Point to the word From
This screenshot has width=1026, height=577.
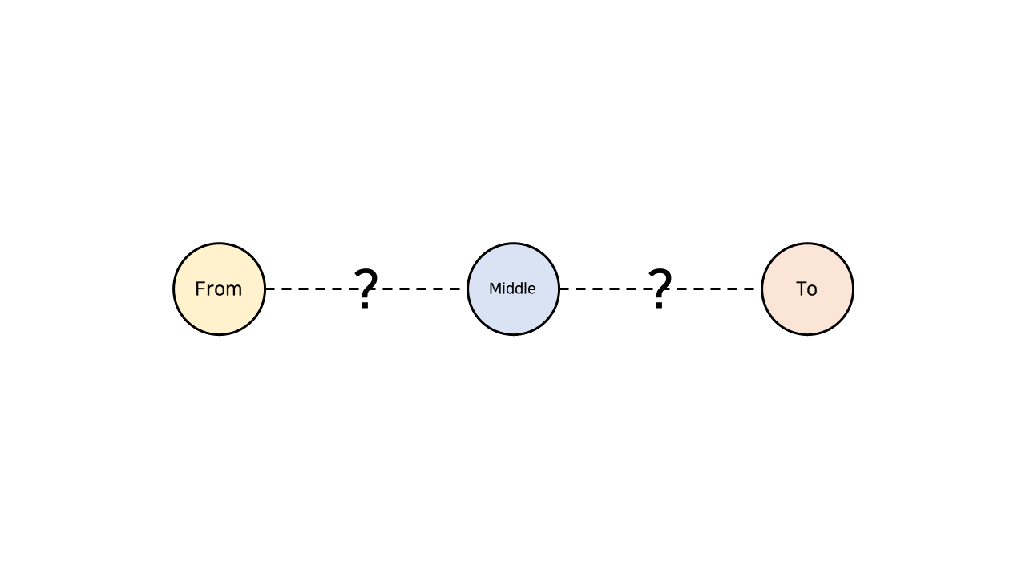[218, 288]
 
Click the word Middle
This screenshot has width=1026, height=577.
[512, 288]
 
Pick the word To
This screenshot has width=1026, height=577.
[806, 288]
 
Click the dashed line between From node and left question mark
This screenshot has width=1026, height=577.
[309, 288]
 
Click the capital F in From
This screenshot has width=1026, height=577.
[200, 288]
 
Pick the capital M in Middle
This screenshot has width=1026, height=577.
[494, 288]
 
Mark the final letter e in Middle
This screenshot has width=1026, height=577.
[531, 289]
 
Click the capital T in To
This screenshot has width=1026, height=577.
[801, 288]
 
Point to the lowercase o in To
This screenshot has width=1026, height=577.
[812, 290]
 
